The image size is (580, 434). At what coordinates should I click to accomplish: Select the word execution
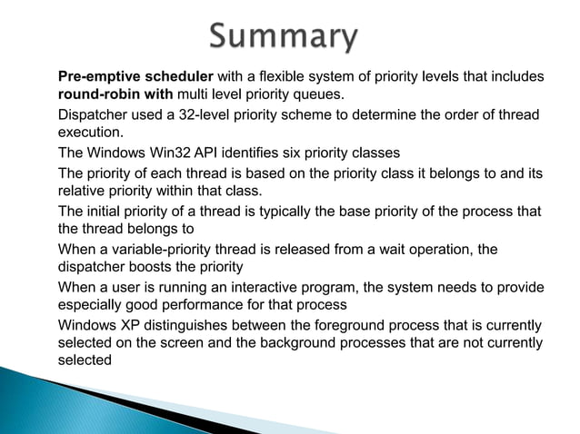pos(90,132)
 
